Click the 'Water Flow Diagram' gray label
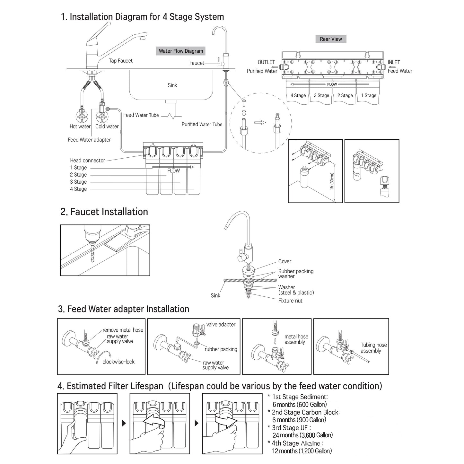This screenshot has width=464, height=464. coord(181,51)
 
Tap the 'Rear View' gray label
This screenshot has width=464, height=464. coord(331,39)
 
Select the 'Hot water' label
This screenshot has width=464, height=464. coord(80,127)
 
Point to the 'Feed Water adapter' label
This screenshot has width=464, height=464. coord(89,140)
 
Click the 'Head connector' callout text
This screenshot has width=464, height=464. coord(87,161)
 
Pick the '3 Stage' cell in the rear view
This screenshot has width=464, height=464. coord(321,95)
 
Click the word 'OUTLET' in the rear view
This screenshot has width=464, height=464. coord(266,62)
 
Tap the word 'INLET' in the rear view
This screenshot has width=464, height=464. coord(394,62)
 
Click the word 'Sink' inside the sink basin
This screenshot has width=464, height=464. coord(172,85)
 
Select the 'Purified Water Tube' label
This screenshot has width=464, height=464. coord(202,124)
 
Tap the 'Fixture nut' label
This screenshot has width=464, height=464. coord(290,301)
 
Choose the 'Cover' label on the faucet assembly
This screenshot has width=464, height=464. coord(285,262)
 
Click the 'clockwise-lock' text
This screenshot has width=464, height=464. coord(118,362)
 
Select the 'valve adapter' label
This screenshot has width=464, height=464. coord(221,325)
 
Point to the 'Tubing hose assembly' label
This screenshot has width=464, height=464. coord(373,348)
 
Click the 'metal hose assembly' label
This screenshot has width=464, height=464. coord(296,339)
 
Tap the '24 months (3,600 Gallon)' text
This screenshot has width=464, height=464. coord(302,435)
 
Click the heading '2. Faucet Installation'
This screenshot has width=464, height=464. coord(104,212)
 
